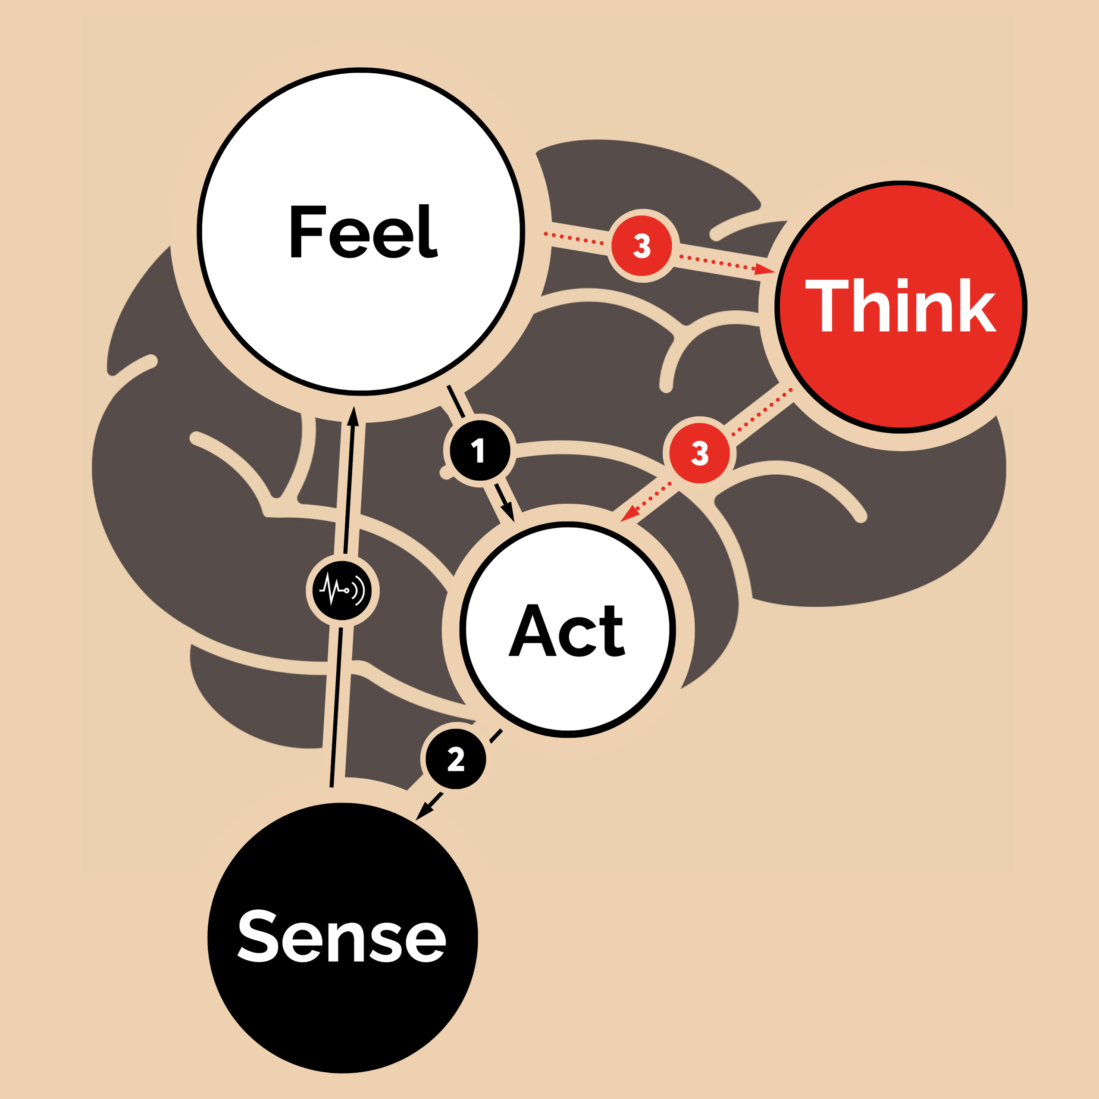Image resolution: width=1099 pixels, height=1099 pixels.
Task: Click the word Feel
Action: point(363,232)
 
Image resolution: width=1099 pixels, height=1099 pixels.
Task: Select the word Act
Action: point(567,630)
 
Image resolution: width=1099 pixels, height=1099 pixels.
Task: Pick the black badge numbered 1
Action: point(479,451)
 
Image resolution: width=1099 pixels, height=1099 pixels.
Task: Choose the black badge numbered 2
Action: point(456,759)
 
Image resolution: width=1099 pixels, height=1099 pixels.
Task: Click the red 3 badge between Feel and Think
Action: point(642,246)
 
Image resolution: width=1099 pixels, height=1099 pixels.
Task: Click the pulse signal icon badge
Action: point(342,590)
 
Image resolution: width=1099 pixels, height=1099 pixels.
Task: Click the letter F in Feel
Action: point(307,232)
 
